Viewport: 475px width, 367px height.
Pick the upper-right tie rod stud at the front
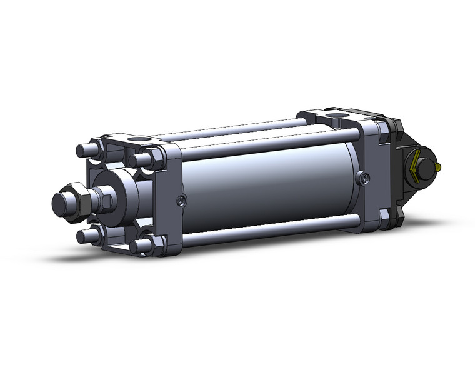142,158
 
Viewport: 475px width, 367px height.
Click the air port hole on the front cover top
141,141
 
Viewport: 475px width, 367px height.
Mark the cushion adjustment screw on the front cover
181,201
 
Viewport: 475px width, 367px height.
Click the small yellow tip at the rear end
441,167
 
